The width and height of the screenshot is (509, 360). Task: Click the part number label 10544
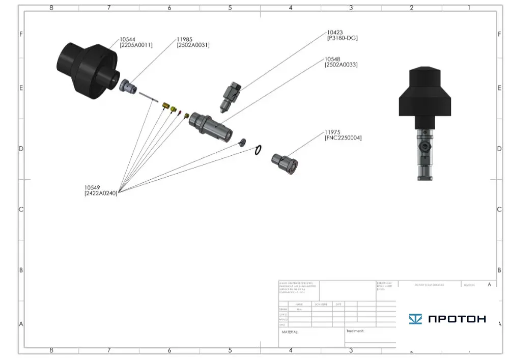128,39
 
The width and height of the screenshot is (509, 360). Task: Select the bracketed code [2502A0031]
193,45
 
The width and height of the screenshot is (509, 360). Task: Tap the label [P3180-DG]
342,38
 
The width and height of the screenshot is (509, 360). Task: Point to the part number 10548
334,59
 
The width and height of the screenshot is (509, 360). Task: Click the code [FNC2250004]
343,138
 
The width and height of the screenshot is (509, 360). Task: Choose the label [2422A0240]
101,193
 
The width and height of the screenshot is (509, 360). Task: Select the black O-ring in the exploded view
258,150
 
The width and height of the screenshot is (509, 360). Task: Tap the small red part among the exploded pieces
179,112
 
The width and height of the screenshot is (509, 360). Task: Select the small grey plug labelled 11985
129,86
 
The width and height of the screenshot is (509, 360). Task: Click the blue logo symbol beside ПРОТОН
415,319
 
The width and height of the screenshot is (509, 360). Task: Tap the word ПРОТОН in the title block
457,319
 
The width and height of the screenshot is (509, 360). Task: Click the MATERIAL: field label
290,332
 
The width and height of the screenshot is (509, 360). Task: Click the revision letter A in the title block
489,285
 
